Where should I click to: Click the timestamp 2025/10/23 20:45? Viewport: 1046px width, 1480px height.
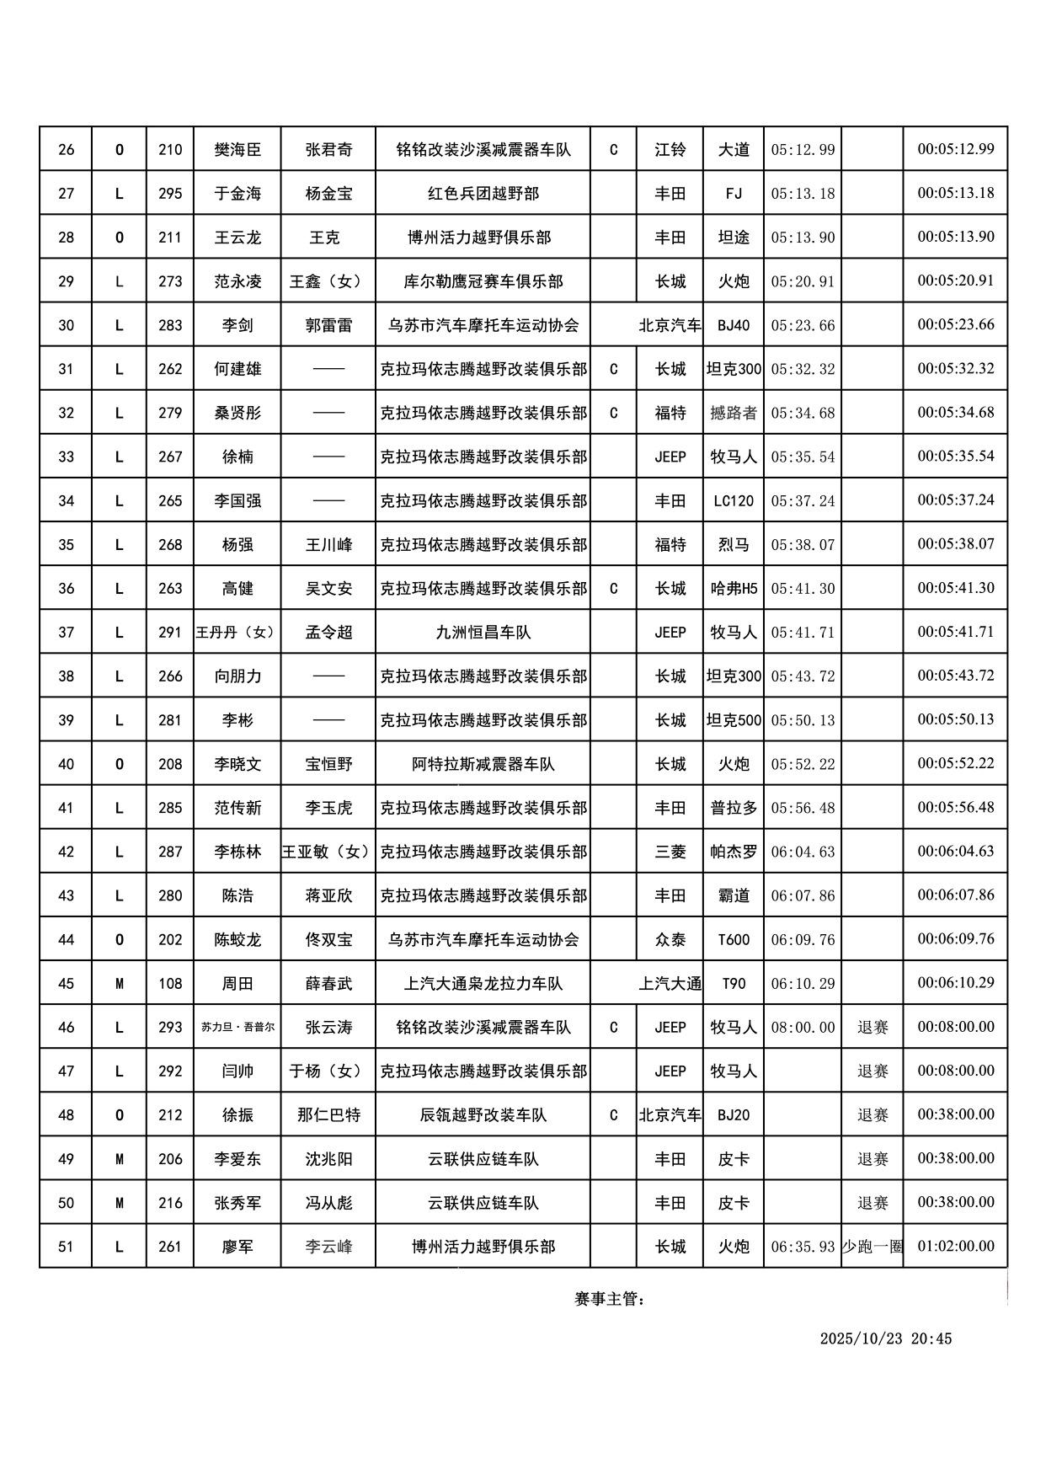pos(885,1338)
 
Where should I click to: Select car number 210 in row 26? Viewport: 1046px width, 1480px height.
pos(170,150)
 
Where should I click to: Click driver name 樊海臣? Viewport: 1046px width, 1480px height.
pos(237,150)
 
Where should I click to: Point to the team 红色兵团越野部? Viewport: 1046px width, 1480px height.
pos(483,194)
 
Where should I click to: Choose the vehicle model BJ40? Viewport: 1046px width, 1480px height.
pos(734,325)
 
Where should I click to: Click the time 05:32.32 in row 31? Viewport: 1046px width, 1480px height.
pos(803,369)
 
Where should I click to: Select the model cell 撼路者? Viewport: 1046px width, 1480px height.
pos(734,413)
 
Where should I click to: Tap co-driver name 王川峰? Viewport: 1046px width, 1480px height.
pos(328,544)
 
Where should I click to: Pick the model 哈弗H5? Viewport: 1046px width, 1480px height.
pos(734,588)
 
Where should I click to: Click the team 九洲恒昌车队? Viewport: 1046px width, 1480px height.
pos(483,632)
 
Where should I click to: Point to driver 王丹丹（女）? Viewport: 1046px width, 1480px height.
pos(237,632)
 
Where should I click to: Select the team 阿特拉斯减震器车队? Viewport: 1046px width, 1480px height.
pos(483,764)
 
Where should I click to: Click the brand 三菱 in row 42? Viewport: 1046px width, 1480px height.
pos(670,852)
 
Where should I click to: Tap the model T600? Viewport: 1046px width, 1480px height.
pos(734,939)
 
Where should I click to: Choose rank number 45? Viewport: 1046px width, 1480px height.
pos(66,983)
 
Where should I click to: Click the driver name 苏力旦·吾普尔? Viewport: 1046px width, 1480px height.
pos(237,1027)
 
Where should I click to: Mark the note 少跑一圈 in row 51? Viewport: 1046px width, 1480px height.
pos(872,1246)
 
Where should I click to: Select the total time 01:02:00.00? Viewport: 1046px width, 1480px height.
pos(956,1246)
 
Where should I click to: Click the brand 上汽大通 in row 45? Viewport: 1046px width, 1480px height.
pos(670,983)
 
